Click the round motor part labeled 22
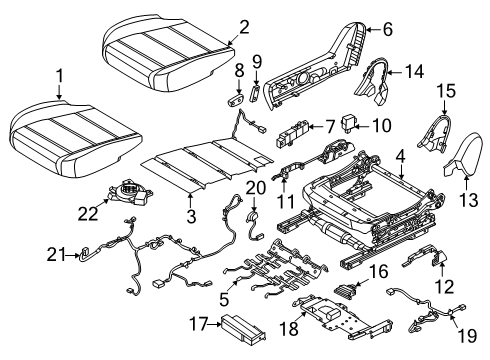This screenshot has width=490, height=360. [x=131, y=192]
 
